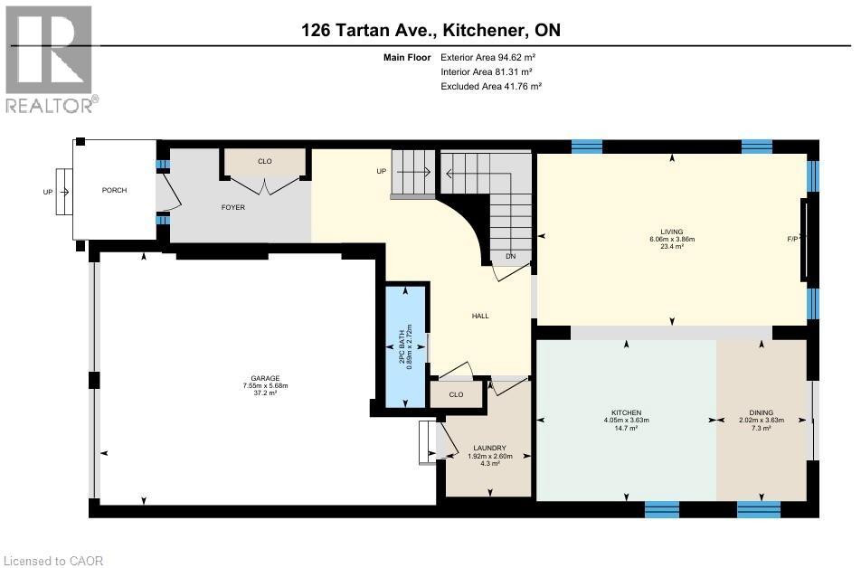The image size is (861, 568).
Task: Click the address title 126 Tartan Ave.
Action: point(430,30)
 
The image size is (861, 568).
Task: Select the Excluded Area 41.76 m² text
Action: point(491,86)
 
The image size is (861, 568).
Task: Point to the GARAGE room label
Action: point(265,378)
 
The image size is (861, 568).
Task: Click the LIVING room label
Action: point(671,232)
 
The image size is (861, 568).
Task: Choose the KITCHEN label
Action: point(626,412)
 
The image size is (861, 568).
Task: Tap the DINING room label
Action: point(761,412)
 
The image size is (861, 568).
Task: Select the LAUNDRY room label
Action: point(488,449)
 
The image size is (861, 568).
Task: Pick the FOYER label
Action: point(233,207)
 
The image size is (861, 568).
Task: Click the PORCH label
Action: point(114,190)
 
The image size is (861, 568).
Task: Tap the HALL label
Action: point(480,316)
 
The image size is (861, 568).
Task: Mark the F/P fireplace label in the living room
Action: point(792,239)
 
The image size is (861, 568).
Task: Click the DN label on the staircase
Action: point(510,256)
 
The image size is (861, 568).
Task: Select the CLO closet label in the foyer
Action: point(264,161)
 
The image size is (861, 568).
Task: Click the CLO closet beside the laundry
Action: point(456,394)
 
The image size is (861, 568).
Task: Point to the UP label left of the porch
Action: point(48,192)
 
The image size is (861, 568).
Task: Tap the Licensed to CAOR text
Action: point(54,561)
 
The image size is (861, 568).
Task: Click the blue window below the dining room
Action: point(758,509)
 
